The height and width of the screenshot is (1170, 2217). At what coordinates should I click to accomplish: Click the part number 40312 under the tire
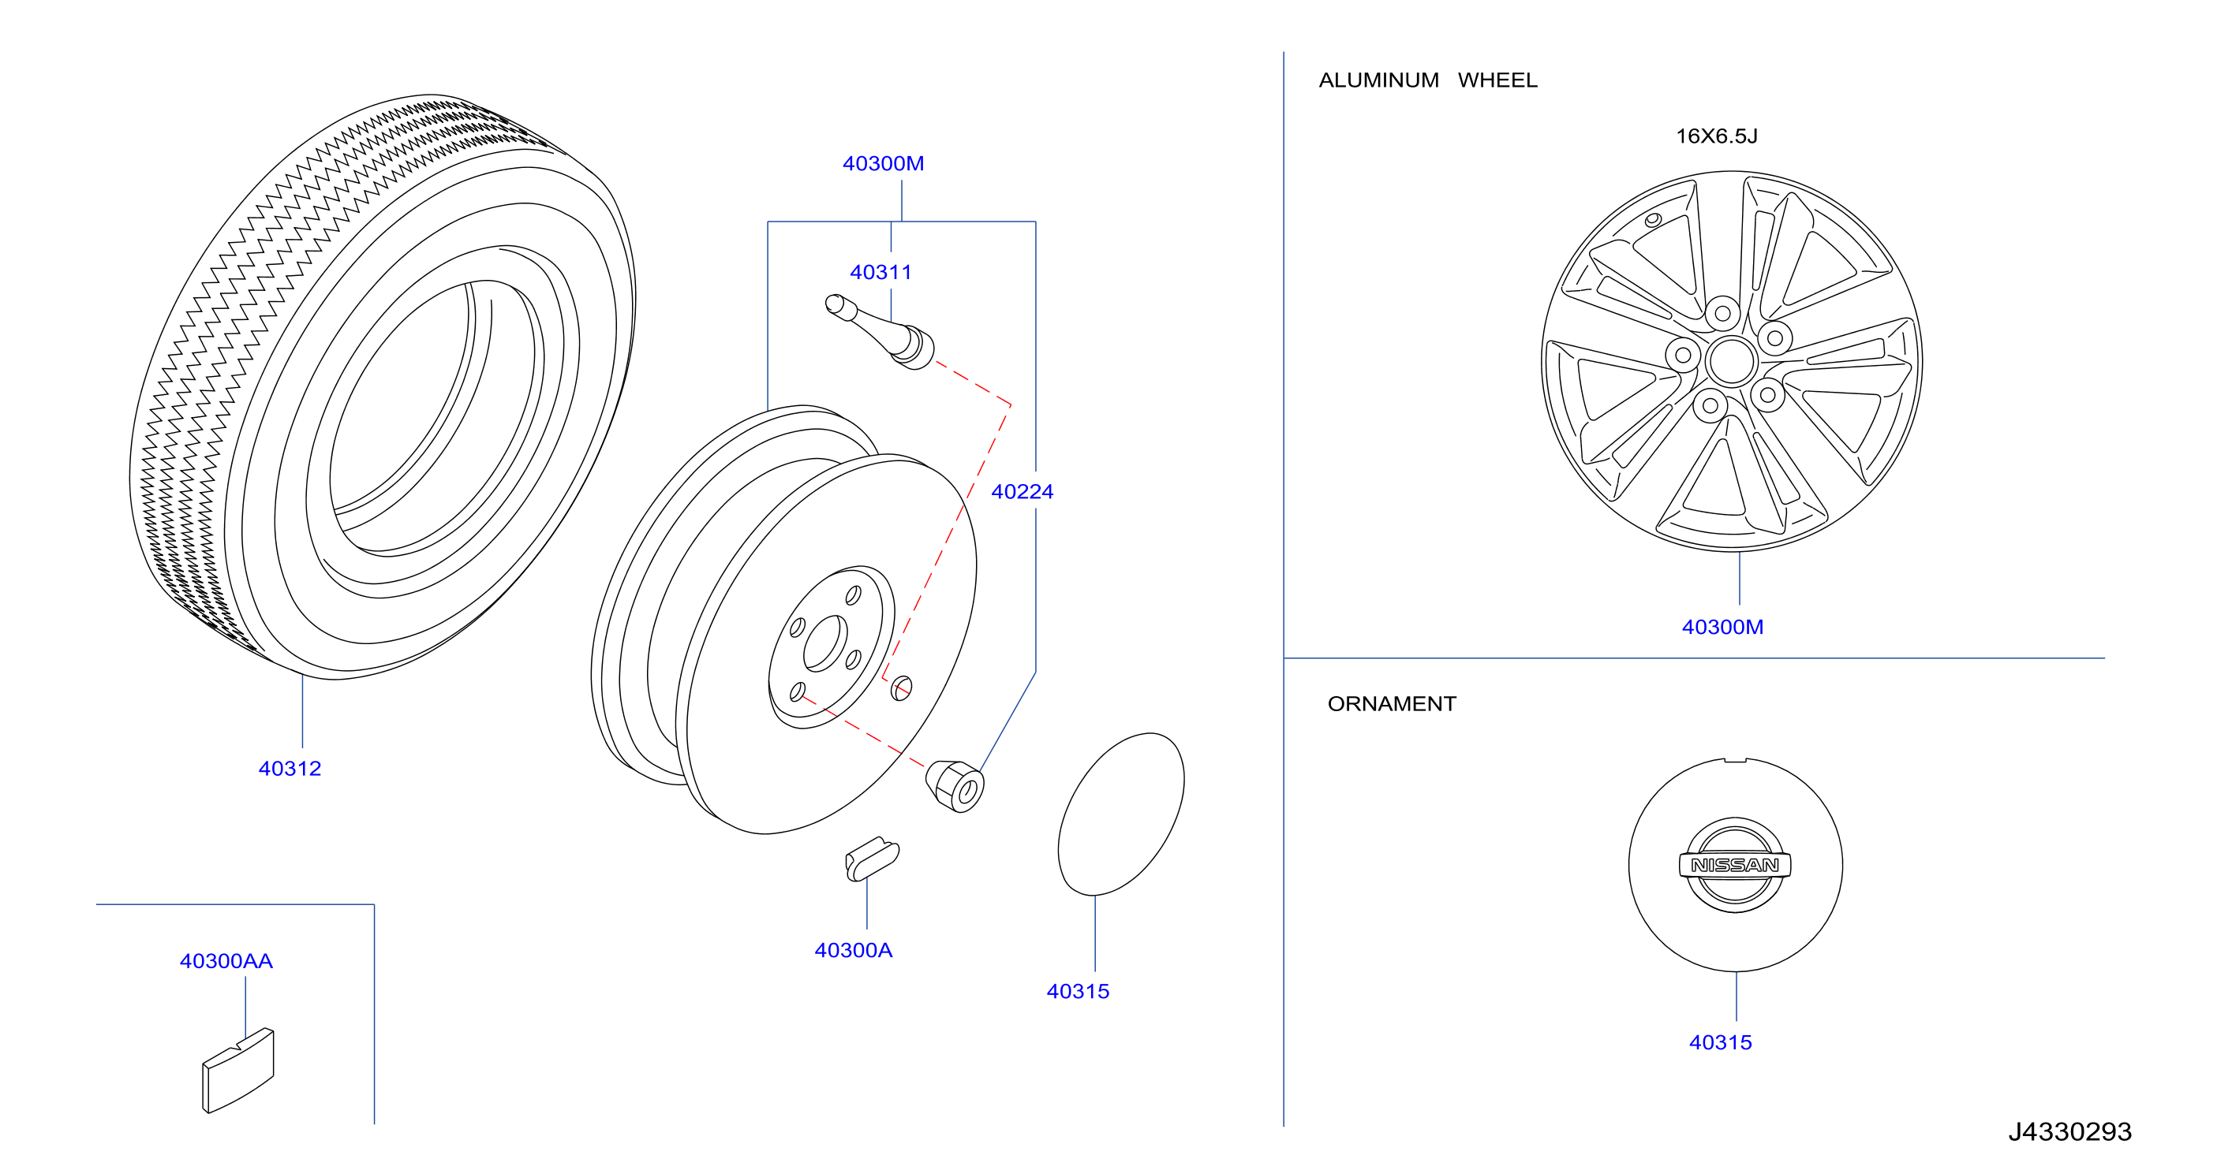click(290, 768)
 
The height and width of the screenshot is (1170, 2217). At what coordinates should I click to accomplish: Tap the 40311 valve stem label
click(880, 272)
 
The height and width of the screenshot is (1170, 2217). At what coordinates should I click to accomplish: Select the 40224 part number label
click(1022, 491)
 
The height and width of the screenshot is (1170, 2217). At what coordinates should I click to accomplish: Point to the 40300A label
click(853, 950)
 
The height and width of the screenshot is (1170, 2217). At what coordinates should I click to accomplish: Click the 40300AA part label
click(226, 961)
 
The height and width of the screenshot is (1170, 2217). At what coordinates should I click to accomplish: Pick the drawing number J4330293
click(2069, 1131)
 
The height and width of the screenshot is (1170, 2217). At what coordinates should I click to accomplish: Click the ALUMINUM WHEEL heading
click(1428, 80)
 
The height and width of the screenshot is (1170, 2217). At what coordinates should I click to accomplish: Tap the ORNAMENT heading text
click(1392, 704)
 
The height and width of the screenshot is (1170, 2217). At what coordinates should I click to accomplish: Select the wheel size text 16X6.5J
click(1716, 136)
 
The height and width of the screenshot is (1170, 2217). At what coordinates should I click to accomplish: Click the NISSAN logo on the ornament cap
click(1735, 865)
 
